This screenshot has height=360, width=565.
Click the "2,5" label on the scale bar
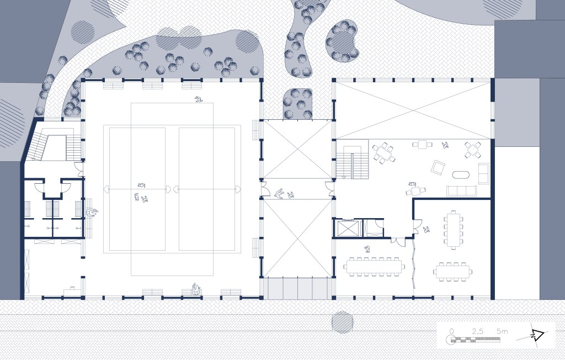click(x=477, y=331)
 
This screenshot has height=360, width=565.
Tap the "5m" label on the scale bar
click(x=502, y=331)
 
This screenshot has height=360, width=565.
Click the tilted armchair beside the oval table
click(x=438, y=168)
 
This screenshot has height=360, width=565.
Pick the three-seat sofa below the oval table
click(x=461, y=191)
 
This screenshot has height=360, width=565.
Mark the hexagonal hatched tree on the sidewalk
click(x=342, y=322)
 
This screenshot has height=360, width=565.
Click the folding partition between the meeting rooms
click(x=414, y=265)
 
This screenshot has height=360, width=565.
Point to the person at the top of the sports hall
click(x=198, y=99)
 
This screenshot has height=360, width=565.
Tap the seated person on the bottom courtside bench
click(x=196, y=289)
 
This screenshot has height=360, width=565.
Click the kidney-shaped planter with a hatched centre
click(x=342, y=41)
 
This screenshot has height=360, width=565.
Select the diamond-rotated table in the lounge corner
click(x=472, y=150)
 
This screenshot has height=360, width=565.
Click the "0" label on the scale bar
click(x=451, y=331)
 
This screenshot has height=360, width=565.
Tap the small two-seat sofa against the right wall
click(x=483, y=173)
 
